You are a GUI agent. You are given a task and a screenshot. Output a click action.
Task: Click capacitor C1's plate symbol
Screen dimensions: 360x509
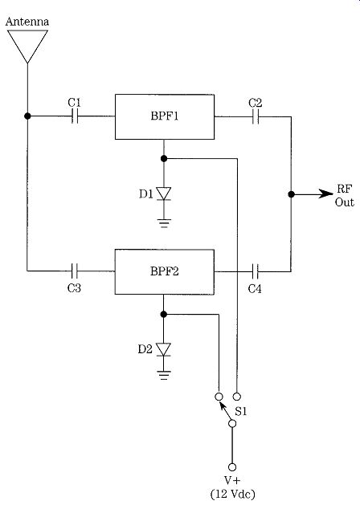pos(75,116)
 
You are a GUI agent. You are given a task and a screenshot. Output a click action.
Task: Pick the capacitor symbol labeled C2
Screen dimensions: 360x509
pos(256,116)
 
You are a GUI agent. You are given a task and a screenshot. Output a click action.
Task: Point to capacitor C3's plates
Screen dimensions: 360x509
pos(75,271)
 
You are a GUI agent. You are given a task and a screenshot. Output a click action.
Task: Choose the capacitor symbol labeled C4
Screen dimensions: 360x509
pos(256,271)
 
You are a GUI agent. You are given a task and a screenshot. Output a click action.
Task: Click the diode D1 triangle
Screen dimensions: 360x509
pos(164,193)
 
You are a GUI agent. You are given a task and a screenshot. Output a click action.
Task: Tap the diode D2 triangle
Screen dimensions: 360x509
pos(163,349)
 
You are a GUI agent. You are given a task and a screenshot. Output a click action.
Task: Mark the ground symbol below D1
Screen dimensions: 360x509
pos(164,223)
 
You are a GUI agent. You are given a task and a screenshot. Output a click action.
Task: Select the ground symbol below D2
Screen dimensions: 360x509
pos(163,375)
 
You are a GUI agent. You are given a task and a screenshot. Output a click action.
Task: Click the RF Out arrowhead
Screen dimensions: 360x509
pos(325,193)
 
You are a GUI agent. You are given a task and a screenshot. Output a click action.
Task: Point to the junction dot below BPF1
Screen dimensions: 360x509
pos(164,158)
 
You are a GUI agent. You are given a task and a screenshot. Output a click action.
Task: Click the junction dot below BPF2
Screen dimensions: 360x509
pos(163,314)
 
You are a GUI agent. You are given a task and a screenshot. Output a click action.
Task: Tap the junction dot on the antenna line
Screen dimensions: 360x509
pos(27,116)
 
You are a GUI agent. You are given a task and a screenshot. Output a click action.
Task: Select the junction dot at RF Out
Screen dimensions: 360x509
pos(291,194)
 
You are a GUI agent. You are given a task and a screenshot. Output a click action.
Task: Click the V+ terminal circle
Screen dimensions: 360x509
pos(232,467)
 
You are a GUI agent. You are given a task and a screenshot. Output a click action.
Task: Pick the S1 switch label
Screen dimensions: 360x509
pos(241,412)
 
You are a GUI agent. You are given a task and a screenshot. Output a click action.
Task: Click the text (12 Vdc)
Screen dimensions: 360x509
pos(233,494)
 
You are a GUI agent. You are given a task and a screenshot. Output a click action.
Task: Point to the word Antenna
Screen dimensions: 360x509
pos(27,22)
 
